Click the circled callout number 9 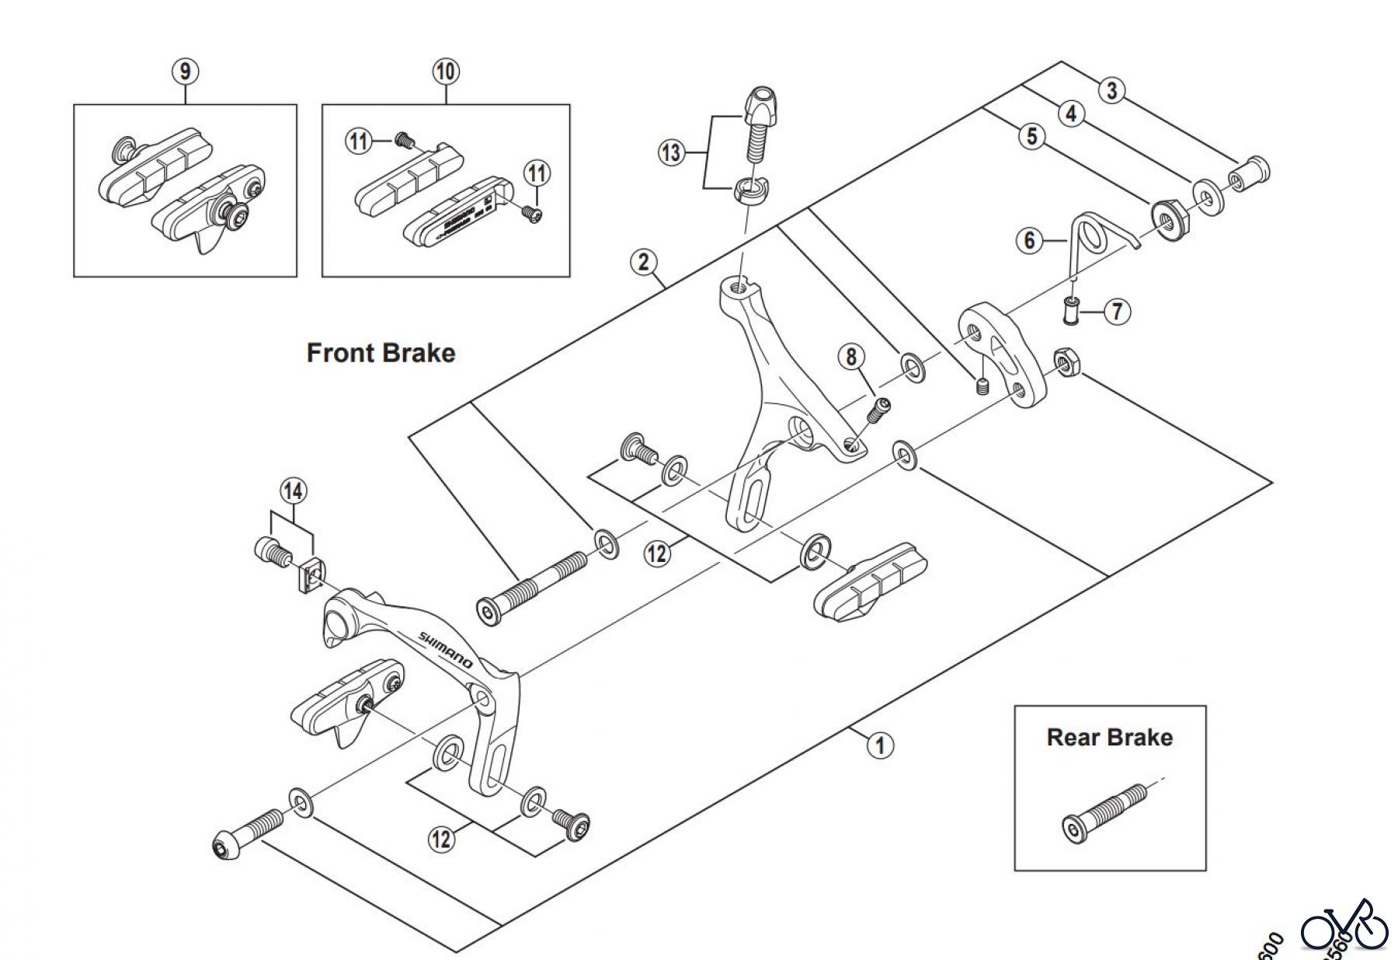click(185, 72)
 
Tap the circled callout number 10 click(445, 72)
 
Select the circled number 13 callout click(671, 152)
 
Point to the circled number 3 click(1111, 90)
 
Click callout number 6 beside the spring click(1030, 239)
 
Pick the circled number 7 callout click(1117, 312)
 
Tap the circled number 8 click(851, 357)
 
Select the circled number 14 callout click(292, 491)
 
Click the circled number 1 click(880, 745)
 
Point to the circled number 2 click(643, 262)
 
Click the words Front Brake click(381, 353)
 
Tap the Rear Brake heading click(1109, 737)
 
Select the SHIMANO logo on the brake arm click(446, 649)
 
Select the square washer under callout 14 click(311, 576)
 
